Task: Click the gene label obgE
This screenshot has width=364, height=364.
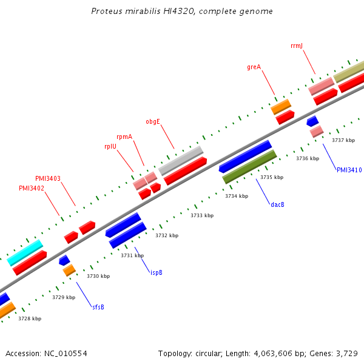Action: (x=153, y=121)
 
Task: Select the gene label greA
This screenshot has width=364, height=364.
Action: (x=254, y=67)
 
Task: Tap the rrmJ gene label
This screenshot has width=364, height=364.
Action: (x=297, y=45)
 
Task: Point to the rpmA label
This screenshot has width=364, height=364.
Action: (x=124, y=137)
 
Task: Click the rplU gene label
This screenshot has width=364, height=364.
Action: (x=110, y=146)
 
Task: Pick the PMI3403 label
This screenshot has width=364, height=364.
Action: (x=48, y=178)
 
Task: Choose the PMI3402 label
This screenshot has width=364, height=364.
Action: (x=32, y=188)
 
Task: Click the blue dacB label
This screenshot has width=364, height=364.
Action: (x=277, y=204)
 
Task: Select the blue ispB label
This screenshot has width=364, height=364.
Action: (x=156, y=272)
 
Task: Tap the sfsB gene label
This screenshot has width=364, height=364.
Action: (x=98, y=307)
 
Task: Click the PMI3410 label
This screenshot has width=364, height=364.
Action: (x=349, y=170)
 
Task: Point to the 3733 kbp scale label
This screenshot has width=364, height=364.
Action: (x=202, y=215)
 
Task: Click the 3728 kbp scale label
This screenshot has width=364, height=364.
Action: (x=30, y=318)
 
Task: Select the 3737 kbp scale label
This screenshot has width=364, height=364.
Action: (x=343, y=140)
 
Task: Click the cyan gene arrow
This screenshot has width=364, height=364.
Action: (x=25, y=252)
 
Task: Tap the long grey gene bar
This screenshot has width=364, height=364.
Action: (x=181, y=160)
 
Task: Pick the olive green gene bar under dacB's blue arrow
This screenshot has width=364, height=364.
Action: (x=250, y=167)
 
